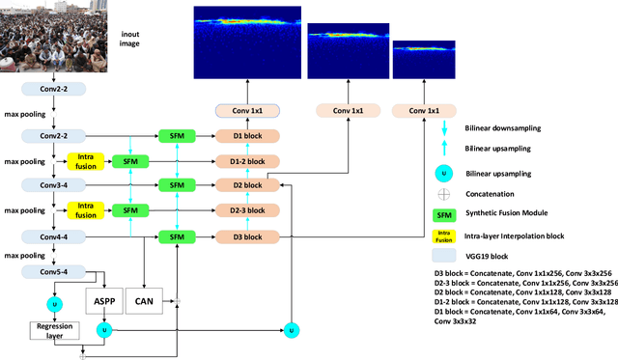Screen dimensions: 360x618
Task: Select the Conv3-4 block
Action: click(60, 184)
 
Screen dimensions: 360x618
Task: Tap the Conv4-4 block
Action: click(60, 235)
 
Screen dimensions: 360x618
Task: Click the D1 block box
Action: click(246, 136)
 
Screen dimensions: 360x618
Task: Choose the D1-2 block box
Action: click(246, 160)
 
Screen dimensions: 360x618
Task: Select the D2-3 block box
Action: click(246, 209)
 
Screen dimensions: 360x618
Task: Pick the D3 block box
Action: click(246, 235)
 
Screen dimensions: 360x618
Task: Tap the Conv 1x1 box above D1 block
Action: click(246, 111)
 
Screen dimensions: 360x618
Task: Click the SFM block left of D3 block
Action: click(176, 235)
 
